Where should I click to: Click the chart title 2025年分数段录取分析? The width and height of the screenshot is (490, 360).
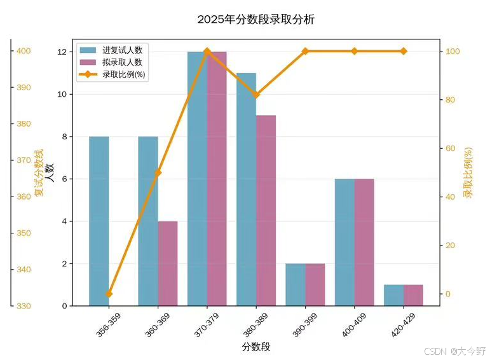[255, 20]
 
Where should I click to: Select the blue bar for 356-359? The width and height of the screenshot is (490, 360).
[99, 221]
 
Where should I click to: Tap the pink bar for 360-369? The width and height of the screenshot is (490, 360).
[168, 263]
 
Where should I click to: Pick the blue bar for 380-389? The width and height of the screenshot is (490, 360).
[246, 189]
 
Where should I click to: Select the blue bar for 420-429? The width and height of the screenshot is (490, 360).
[393, 295]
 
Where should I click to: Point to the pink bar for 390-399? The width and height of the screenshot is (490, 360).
[315, 284]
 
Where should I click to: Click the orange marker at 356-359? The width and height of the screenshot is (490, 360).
[109, 294]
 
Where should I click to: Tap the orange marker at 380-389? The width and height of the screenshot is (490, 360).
[256, 94]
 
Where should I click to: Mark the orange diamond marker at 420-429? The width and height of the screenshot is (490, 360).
[404, 51]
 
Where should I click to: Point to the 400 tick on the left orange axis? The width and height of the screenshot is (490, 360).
[24, 51]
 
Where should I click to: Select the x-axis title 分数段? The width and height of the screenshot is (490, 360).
[255, 347]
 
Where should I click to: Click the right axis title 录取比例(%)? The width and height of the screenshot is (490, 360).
[468, 172]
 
